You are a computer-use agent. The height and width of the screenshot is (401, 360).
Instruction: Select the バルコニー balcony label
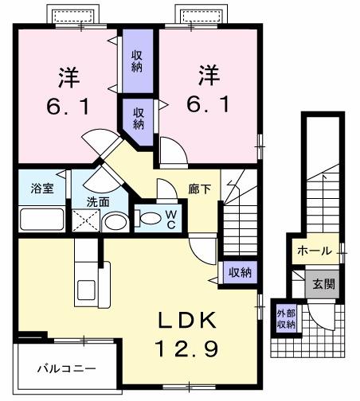coord(67,369)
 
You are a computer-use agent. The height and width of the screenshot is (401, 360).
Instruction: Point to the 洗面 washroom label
coord(98,202)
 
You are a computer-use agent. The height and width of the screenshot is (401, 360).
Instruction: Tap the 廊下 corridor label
coord(200,190)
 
